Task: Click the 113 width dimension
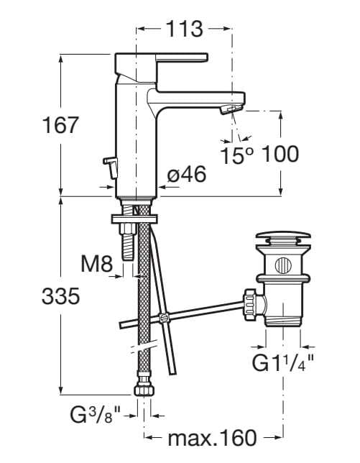pyautogui.click(x=185, y=29)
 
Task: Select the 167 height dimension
pyautogui.click(x=60, y=125)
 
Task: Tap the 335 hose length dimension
pyautogui.click(x=60, y=296)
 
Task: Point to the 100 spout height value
pyautogui.click(x=280, y=154)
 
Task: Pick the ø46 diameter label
pyautogui.click(x=187, y=174)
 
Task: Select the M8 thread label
pyautogui.click(x=97, y=264)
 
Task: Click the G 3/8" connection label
pyautogui.click(x=96, y=415)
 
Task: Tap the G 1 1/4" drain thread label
pyautogui.click(x=282, y=363)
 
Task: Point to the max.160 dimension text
pyautogui.click(x=212, y=438)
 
